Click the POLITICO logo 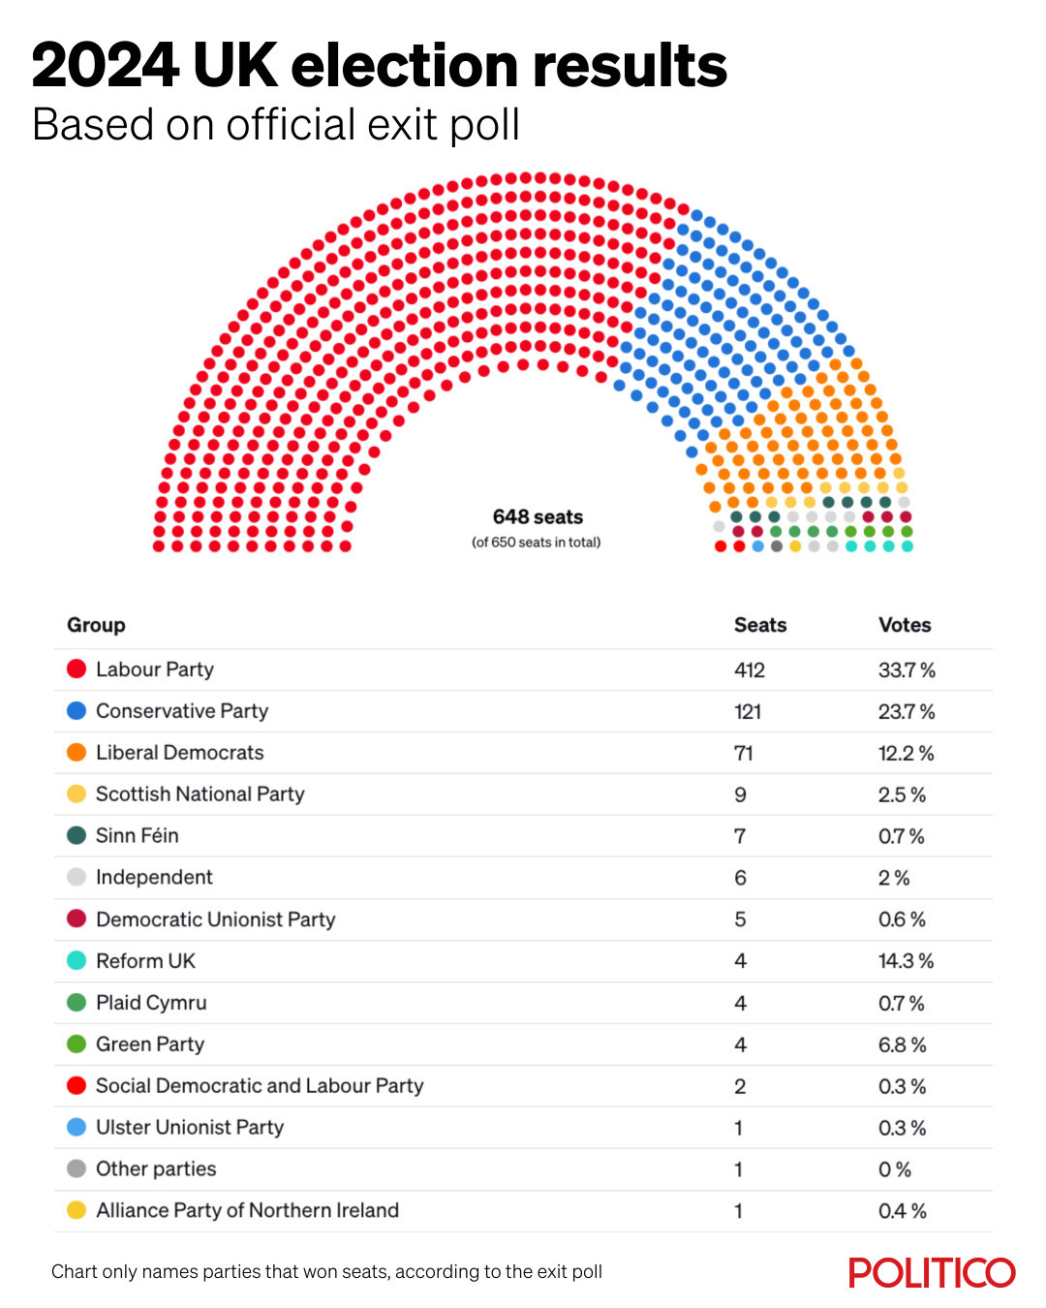(932, 1272)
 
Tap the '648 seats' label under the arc (538, 517)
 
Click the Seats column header (759, 625)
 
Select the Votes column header (904, 625)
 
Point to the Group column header (96, 625)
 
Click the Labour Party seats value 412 (749, 670)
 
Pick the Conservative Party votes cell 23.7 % (906, 711)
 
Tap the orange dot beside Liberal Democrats (77, 753)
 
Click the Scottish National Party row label (200, 794)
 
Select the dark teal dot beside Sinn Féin (77, 835)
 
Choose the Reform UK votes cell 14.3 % (906, 961)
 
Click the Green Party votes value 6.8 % (902, 1044)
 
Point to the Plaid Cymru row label (151, 1003)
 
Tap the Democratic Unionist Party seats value (740, 919)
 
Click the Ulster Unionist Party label (190, 1128)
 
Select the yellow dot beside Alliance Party (77, 1210)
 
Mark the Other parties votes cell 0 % (894, 1169)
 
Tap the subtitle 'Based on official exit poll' (276, 125)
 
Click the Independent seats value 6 (740, 878)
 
